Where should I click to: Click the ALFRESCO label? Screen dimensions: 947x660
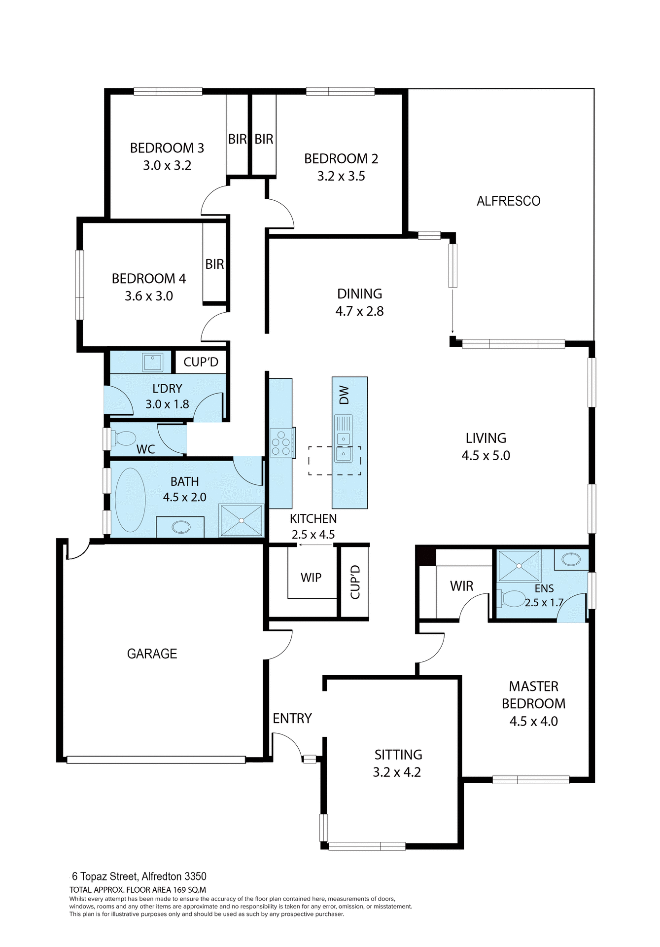pyautogui.click(x=508, y=201)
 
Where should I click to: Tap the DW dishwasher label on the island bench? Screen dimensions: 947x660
pyautogui.click(x=344, y=395)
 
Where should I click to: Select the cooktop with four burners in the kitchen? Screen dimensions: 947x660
pyautogui.click(x=281, y=443)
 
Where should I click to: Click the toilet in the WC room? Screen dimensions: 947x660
pyautogui.click(x=124, y=438)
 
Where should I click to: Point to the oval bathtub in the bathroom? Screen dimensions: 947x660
pyautogui.click(x=130, y=500)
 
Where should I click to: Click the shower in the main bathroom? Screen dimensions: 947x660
pyautogui.click(x=241, y=520)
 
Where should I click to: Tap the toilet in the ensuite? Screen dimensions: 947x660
pyautogui.click(x=512, y=598)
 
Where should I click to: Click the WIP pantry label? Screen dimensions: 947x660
pyautogui.click(x=311, y=577)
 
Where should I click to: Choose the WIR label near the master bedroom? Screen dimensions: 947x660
pyautogui.click(x=461, y=586)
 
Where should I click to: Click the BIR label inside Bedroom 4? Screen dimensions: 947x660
pyautogui.click(x=214, y=264)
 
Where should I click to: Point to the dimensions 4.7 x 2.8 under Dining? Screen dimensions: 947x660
pyautogui.click(x=359, y=311)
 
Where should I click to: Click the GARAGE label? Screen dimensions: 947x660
pyautogui.click(x=152, y=654)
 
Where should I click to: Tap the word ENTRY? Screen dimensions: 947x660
pyautogui.click(x=292, y=718)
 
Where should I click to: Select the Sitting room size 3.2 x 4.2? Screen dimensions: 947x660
pyautogui.click(x=397, y=772)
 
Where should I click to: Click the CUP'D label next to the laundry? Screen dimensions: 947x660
pyautogui.click(x=201, y=362)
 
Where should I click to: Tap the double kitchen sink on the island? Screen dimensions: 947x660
pyautogui.click(x=344, y=446)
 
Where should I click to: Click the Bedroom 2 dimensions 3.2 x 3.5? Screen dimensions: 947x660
pyautogui.click(x=341, y=176)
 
